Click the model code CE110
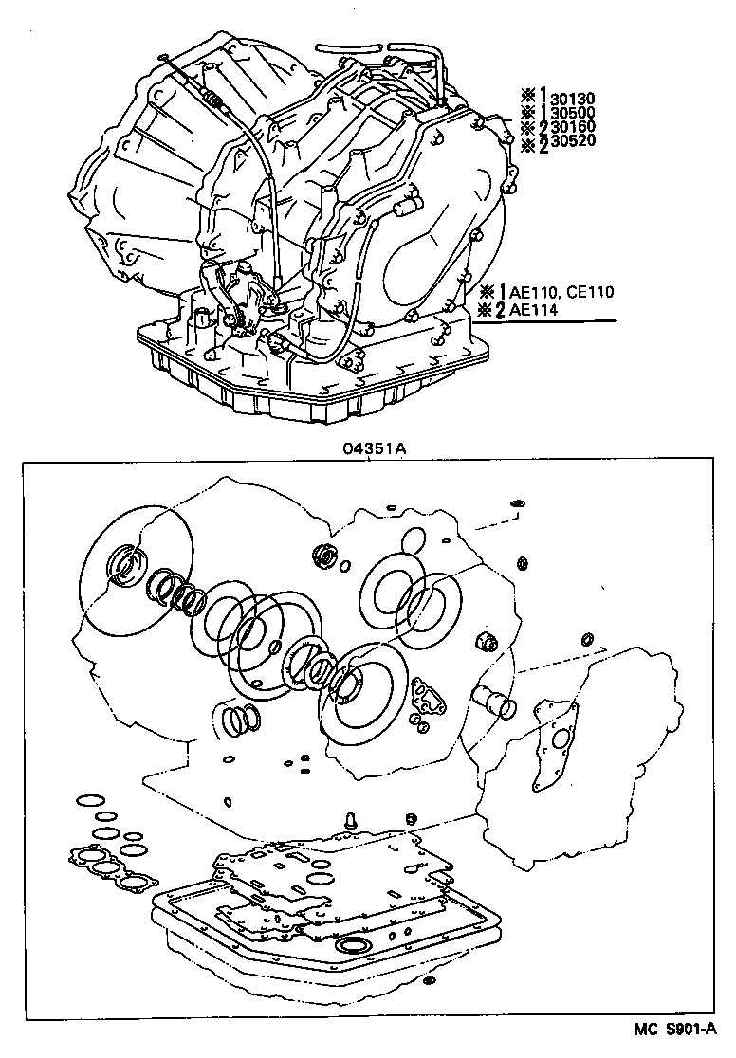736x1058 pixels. [590, 292]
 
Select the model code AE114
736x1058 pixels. [536, 309]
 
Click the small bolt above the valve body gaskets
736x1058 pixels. [349, 819]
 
